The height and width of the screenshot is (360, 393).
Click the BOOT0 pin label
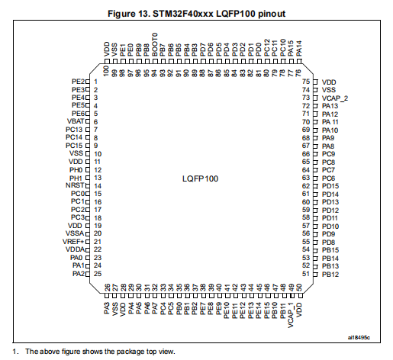(155, 44)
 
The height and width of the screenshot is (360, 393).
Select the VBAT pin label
(76, 121)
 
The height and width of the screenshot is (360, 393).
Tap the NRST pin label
(75, 185)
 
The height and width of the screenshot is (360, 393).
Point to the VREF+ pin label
(73, 242)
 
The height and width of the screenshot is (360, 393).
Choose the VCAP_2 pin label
(335, 98)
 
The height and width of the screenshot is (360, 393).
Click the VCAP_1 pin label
(291, 315)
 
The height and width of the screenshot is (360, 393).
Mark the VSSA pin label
(75, 233)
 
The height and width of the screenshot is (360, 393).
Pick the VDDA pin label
(75, 249)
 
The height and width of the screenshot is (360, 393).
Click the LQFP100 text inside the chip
(200, 178)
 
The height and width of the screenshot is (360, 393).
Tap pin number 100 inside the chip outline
(106, 71)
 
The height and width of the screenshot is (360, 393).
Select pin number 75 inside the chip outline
(306, 82)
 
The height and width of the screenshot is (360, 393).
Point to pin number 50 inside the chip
(299, 288)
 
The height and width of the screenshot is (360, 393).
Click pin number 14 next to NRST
(98, 186)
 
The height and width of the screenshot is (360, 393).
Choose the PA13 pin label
(330, 106)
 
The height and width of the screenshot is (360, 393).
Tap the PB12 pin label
(330, 275)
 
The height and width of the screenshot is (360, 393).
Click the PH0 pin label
(76, 170)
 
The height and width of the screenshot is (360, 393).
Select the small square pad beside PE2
(88, 82)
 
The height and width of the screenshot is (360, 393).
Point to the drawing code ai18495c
(359, 338)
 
